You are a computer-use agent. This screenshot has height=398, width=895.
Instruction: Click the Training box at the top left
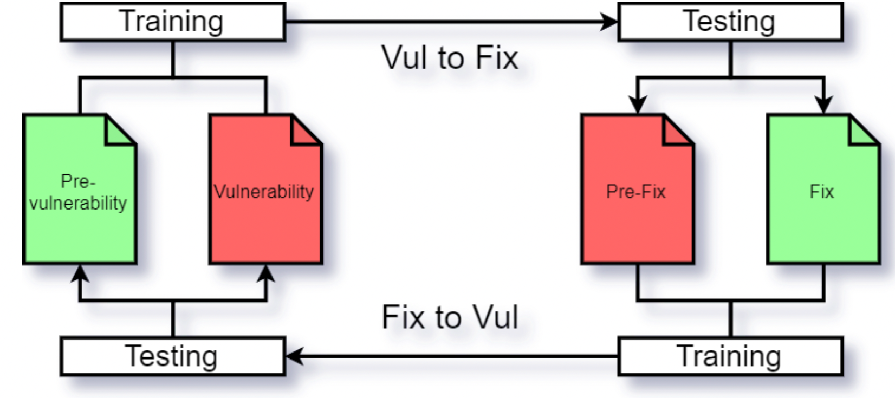pyautogui.click(x=172, y=22)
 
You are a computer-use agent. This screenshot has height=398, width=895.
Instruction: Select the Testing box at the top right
pyautogui.click(x=730, y=22)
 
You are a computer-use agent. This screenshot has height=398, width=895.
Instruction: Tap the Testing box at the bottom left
pyautogui.click(x=172, y=356)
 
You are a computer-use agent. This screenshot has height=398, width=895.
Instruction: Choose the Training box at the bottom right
pyautogui.click(x=730, y=356)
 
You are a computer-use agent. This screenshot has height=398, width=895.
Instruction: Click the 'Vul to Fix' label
pyautogui.click(x=450, y=57)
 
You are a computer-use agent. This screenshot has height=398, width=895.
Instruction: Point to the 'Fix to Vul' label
pyautogui.click(x=450, y=317)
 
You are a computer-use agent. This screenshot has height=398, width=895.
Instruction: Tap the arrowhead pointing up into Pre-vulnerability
pyautogui.click(x=80, y=273)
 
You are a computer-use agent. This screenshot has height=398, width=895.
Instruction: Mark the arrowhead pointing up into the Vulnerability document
pyautogui.click(x=266, y=273)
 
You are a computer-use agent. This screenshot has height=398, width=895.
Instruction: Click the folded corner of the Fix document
pyautogui.click(x=861, y=132)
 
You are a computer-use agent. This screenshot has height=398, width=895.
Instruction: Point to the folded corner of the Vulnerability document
pyautogui.click(x=304, y=132)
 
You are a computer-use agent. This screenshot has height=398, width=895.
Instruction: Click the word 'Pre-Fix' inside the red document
pyautogui.click(x=635, y=192)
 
